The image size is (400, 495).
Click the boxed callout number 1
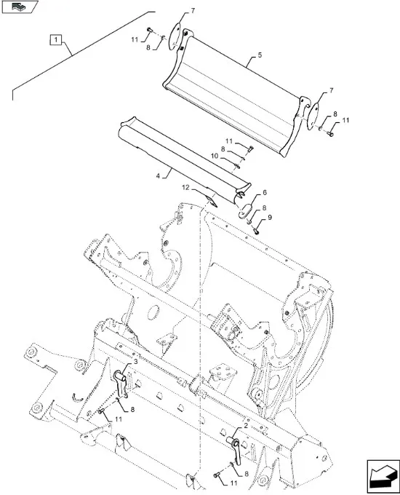(56, 40)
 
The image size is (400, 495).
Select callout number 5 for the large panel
(260, 55)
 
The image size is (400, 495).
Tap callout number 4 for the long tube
(158, 176)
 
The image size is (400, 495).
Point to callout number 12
(185, 188)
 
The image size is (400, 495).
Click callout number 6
(265, 192)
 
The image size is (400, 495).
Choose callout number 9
(270, 217)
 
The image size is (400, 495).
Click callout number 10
(215, 156)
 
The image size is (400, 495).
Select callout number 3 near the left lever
(136, 362)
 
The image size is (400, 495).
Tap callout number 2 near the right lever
(246, 426)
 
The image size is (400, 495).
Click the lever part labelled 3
(121, 384)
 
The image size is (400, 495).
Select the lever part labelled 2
(235, 448)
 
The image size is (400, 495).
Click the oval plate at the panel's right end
(313, 116)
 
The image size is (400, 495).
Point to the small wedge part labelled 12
(212, 201)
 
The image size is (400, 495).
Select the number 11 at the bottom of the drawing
(233, 483)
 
